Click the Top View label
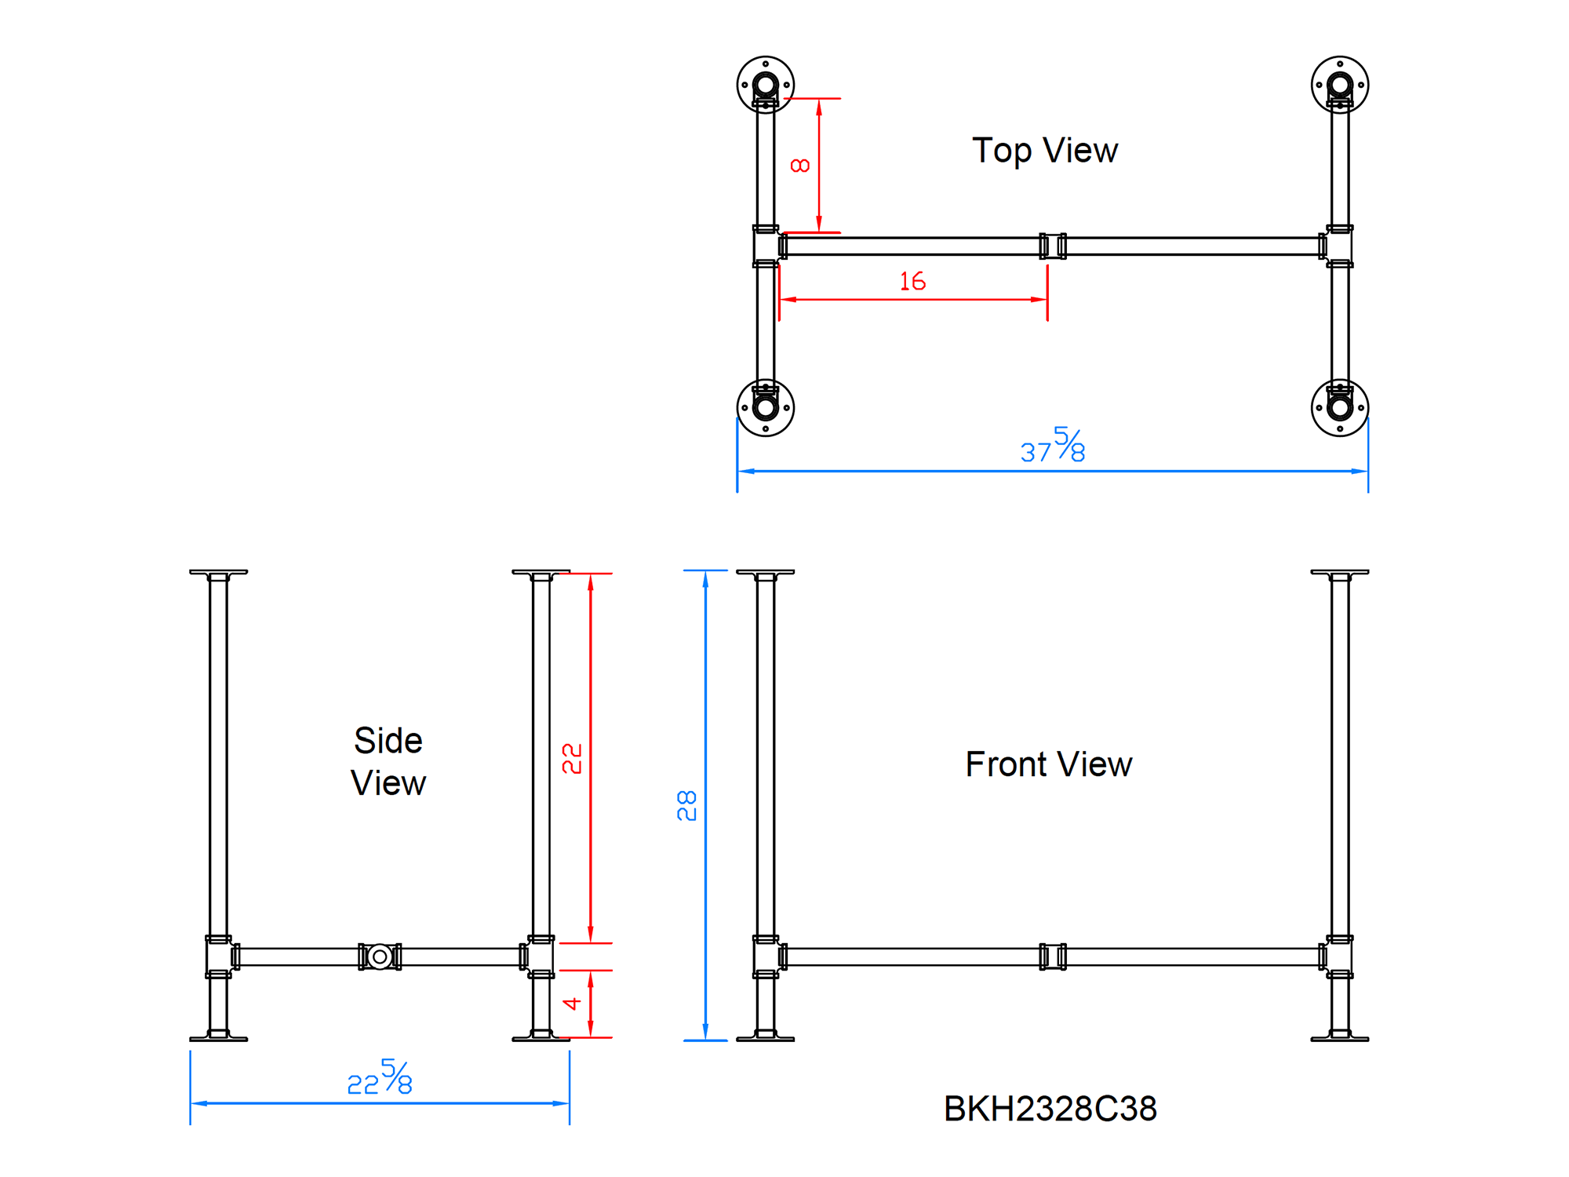[x=1045, y=150]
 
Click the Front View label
[x=1049, y=764]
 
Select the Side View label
[x=388, y=761]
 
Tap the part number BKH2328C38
[x=1050, y=1109]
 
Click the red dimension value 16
[x=912, y=281]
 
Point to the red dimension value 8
[x=800, y=166]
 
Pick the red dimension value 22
[x=573, y=759]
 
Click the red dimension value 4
[x=573, y=1004]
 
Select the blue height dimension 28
[x=687, y=806]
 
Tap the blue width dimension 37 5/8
[x=1053, y=446]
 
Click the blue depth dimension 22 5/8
[x=380, y=1078]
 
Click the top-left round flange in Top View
[x=766, y=85]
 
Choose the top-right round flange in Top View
[x=1340, y=85]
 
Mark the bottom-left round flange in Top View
[x=766, y=407]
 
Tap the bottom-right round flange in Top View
[x=1340, y=407]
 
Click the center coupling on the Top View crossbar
[x=1053, y=246]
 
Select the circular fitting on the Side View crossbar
[x=380, y=957]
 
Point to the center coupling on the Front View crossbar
[x=1053, y=957]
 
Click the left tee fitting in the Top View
[x=766, y=246]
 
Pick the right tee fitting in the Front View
[x=1339, y=957]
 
